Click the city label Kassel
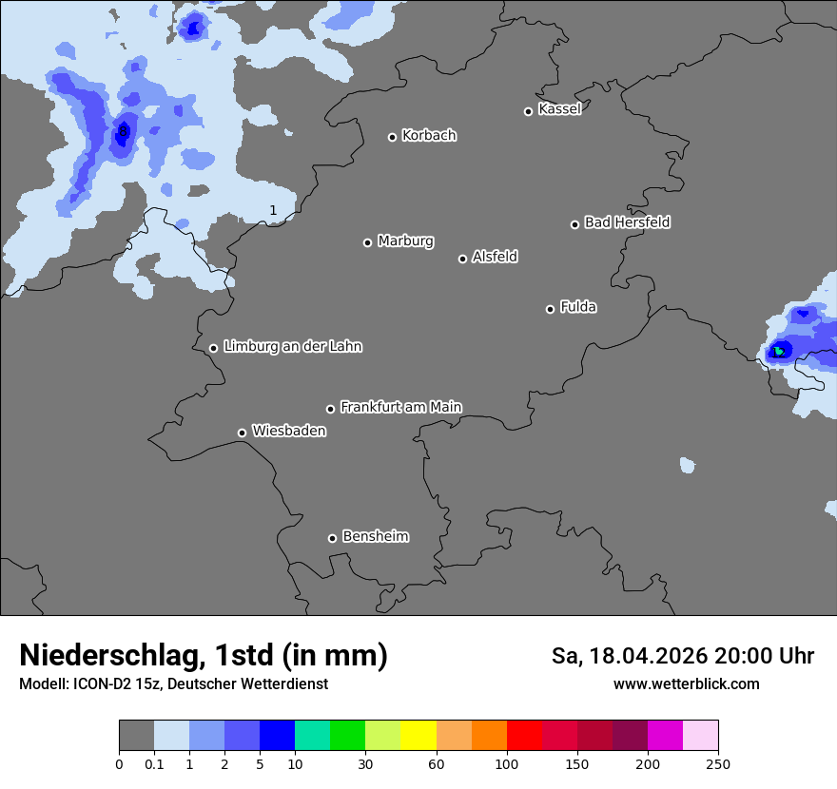click(x=559, y=109)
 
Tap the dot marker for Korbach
click(x=392, y=137)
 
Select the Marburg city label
click(x=405, y=241)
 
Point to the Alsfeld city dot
click(x=462, y=259)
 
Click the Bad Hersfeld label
click(x=627, y=222)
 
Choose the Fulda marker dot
click(x=550, y=309)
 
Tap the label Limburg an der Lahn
click(x=292, y=347)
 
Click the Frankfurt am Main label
click(x=400, y=407)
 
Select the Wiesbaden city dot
click(x=242, y=433)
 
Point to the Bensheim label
click(x=375, y=536)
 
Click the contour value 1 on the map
click(x=273, y=210)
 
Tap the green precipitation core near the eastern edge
click(x=779, y=351)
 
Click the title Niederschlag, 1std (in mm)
click(x=204, y=655)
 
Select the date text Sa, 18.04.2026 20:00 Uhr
click(x=683, y=656)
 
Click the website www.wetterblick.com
click(x=686, y=683)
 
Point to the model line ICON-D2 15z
click(x=173, y=683)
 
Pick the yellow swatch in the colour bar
click(x=418, y=736)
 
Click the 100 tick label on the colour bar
click(x=506, y=763)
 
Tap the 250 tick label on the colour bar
click(x=718, y=763)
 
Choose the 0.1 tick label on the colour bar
click(x=154, y=763)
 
